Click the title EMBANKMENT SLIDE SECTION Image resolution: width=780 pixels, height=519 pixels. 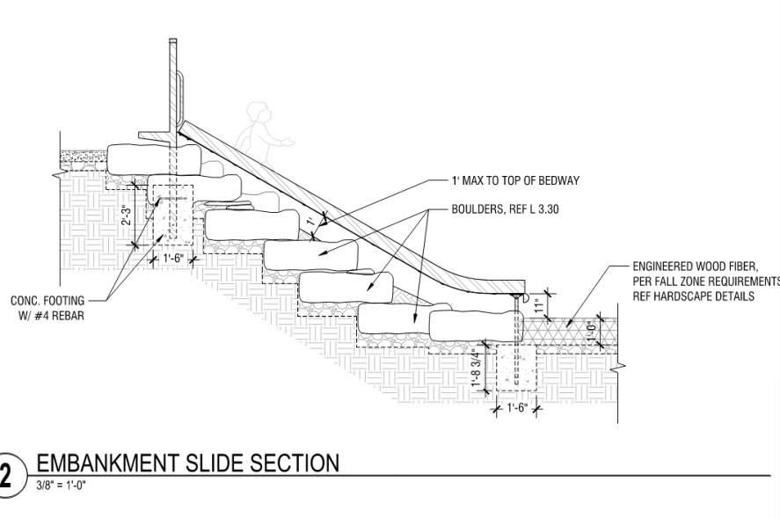(x=186, y=464)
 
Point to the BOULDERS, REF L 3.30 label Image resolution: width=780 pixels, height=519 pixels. (x=506, y=210)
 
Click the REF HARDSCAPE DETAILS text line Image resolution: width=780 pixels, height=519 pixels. (x=694, y=296)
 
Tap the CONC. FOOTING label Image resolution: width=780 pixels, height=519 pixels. (x=47, y=301)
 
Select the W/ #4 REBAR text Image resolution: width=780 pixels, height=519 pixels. (x=52, y=316)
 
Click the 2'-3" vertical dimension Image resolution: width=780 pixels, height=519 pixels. (x=127, y=216)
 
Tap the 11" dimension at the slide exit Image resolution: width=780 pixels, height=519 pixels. (x=538, y=304)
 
